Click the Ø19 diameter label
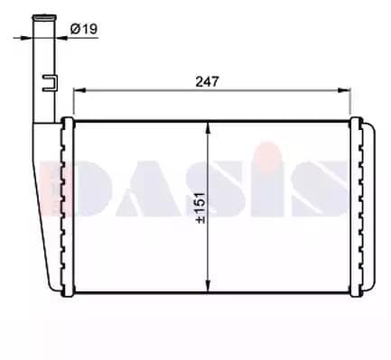coord(84,30)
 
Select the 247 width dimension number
coord(208,80)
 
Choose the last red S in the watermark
coord(312,189)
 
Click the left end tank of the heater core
coord(65,208)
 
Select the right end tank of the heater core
coord(358,208)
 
